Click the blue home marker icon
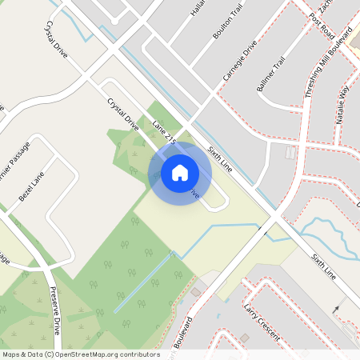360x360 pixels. pyautogui.click(x=179, y=172)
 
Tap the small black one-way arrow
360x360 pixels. pyautogui.click(x=337, y=308)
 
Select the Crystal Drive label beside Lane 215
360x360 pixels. pyautogui.click(x=122, y=114)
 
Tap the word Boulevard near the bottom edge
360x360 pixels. pyautogui.click(x=182, y=336)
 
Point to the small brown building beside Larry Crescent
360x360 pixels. pyautogui.click(x=195, y=292)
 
